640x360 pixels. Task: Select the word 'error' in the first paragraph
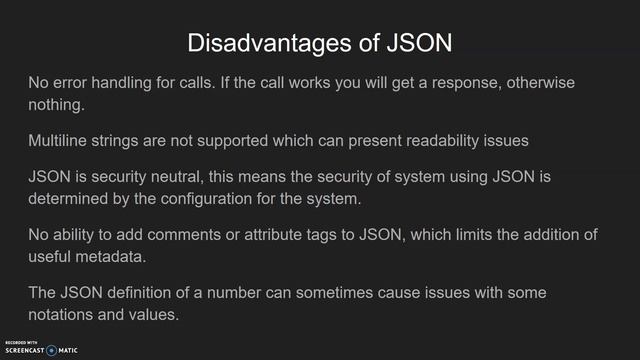tap(71, 83)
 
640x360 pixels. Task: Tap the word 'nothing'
tap(56, 103)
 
